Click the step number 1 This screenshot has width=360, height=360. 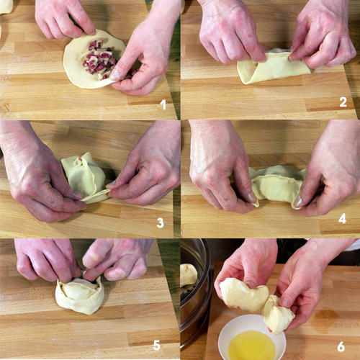[163, 104]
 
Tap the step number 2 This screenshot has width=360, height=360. [343, 102]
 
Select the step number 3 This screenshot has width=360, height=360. [160, 222]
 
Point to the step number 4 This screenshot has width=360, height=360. [342, 219]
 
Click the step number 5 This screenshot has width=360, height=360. [156, 346]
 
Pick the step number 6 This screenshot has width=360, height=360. [341, 347]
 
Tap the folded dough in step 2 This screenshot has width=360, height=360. [274, 66]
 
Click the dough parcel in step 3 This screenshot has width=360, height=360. [85, 178]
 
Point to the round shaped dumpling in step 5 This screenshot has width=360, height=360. [80, 294]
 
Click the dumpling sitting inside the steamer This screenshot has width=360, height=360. [189, 275]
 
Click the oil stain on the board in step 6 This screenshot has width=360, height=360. [325, 318]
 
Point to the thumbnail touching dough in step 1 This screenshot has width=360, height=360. [114, 75]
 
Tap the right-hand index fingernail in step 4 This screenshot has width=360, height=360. [298, 201]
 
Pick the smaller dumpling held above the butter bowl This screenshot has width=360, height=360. [278, 315]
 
